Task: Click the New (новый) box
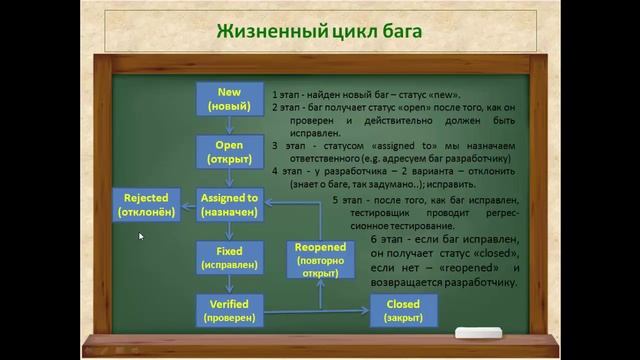point(229,99)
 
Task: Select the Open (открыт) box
point(229,152)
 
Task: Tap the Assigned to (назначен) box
point(229,205)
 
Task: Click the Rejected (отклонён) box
point(146,205)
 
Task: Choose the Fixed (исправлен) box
point(229,257)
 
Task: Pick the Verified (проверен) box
point(229,310)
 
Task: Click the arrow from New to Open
point(229,125)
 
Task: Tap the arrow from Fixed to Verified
point(229,284)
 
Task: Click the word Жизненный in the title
point(261,31)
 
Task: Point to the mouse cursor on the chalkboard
point(141,237)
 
